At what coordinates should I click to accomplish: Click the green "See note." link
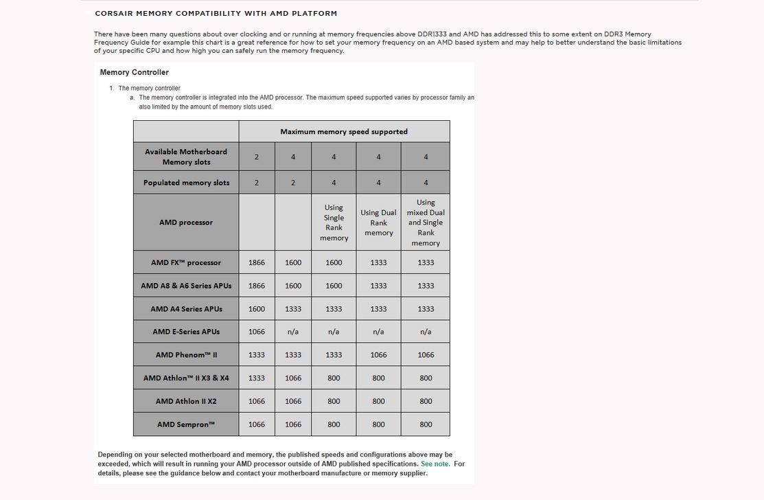(x=435, y=464)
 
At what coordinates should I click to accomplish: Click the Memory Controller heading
(x=134, y=72)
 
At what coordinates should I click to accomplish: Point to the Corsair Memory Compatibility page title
(x=216, y=13)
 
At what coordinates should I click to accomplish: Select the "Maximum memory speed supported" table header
(x=344, y=131)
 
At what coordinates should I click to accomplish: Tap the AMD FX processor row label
(x=186, y=262)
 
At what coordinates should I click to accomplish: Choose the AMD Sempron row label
(x=186, y=424)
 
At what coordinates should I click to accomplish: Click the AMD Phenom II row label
(x=186, y=355)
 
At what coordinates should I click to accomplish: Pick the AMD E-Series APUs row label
(x=186, y=332)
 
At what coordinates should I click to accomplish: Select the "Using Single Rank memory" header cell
(x=334, y=223)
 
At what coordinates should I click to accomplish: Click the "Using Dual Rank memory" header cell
(x=378, y=223)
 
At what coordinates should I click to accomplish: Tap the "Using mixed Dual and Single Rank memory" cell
(x=426, y=223)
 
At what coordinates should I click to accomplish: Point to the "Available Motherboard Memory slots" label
(x=186, y=157)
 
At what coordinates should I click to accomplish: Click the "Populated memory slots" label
(x=186, y=183)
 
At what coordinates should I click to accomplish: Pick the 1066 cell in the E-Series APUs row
(x=257, y=332)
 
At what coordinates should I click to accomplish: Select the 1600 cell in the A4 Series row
(x=257, y=309)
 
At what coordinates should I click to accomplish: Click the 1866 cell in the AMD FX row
(x=257, y=262)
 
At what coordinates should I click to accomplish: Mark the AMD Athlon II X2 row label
(x=186, y=401)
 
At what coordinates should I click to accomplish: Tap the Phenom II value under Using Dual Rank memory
(x=378, y=355)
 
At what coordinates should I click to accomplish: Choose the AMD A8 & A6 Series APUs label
(x=186, y=286)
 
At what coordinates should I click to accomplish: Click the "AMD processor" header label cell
(x=186, y=223)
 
